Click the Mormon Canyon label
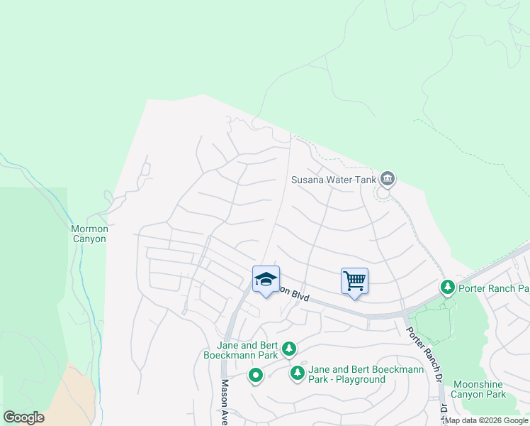89,234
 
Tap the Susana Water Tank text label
334,180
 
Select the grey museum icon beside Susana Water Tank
387,178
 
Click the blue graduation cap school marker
266,280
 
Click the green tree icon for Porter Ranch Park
447,288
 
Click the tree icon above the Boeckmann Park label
288,349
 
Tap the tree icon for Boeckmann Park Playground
298,373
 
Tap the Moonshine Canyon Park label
480,389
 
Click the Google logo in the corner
23,417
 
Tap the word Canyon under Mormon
89,239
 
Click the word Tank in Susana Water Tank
365,180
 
